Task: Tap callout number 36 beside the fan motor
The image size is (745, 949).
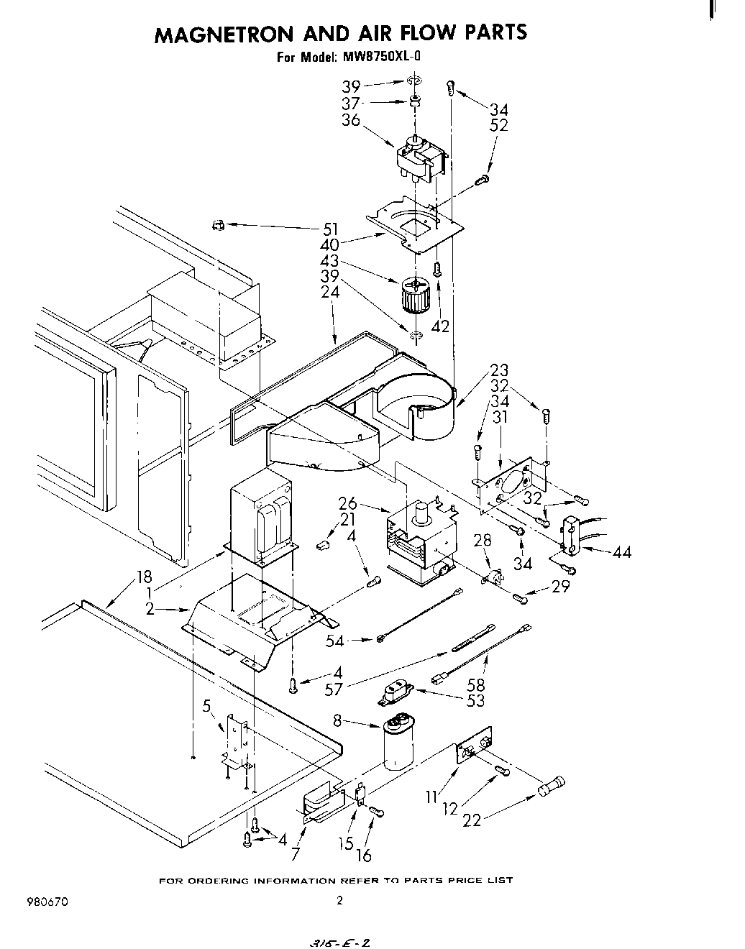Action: click(351, 121)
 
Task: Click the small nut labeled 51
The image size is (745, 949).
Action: click(217, 226)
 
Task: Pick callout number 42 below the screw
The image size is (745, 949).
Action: click(440, 326)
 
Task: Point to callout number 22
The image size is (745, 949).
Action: click(472, 819)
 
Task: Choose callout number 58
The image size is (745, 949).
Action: click(476, 684)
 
